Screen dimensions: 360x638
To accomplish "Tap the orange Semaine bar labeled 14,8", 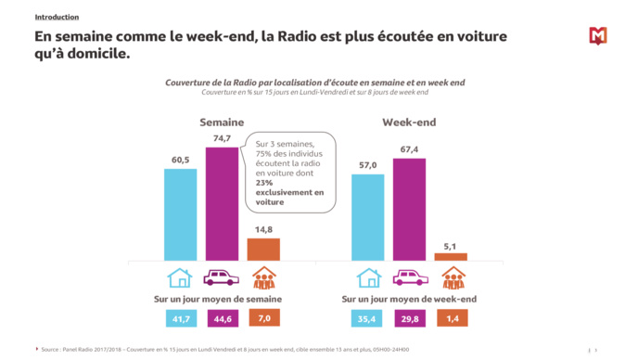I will [263, 249].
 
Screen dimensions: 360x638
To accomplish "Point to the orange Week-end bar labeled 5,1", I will [451, 256].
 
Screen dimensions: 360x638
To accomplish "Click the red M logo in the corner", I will [597, 36].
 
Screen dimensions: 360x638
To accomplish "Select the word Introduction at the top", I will [57, 18].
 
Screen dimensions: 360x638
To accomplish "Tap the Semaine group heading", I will [222, 122].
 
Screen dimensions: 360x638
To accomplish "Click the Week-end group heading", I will [409, 122].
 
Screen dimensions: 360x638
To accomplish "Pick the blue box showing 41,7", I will [180, 318].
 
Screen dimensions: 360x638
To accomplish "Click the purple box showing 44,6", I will [222, 318].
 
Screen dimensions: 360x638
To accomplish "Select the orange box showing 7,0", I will [263, 318].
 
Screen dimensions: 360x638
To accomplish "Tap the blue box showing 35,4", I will [368, 318].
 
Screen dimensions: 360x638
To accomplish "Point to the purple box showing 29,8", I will [410, 318].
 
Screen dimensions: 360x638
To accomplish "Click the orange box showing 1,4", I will [452, 318].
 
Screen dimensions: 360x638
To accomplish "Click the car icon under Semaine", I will [222, 278].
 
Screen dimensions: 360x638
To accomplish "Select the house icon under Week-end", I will [369, 278].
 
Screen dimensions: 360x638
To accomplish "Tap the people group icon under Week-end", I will [452, 278].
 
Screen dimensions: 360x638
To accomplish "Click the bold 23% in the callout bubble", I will [267, 184].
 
